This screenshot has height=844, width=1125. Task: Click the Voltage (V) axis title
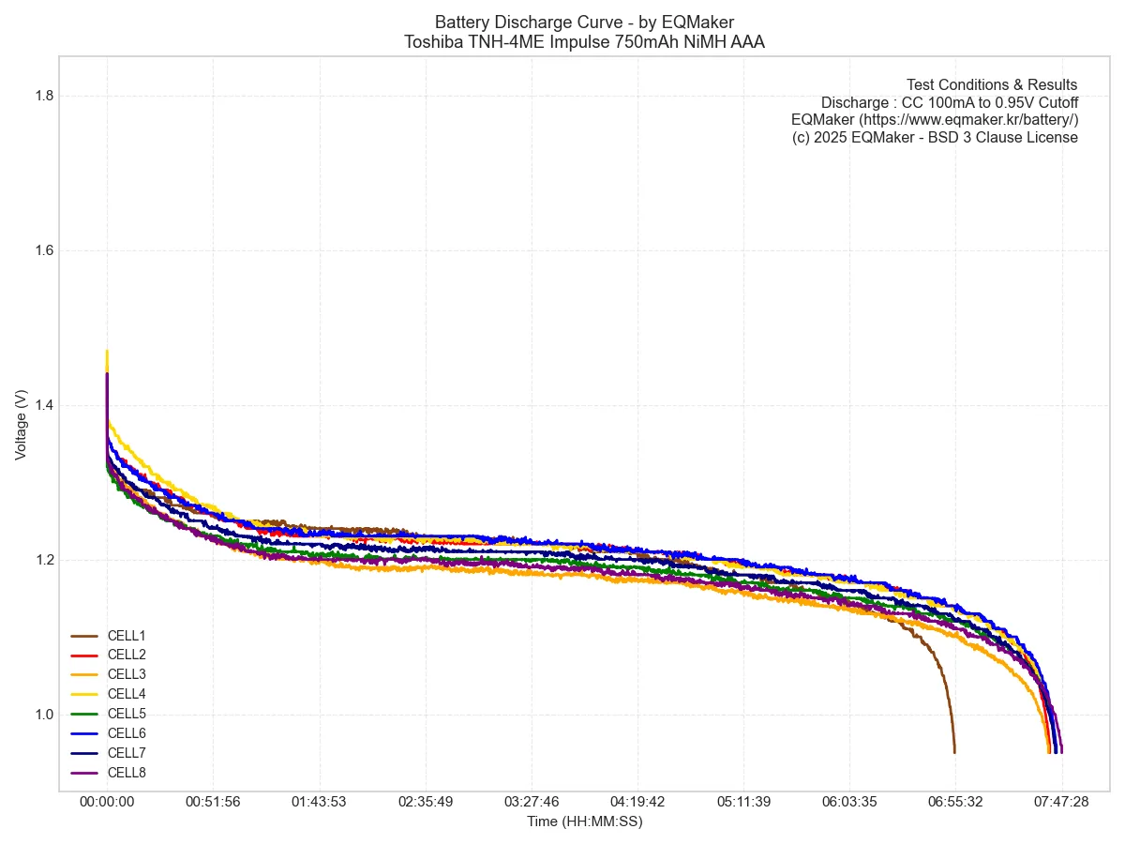pyautogui.click(x=21, y=425)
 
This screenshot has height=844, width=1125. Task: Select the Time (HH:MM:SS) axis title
pyautogui.click(x=584, y=821)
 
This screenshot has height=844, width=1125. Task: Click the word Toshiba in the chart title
pyautogui.click(x=433, y=41)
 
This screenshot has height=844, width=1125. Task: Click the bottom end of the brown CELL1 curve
pyautogui.click(x=954, y=751)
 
